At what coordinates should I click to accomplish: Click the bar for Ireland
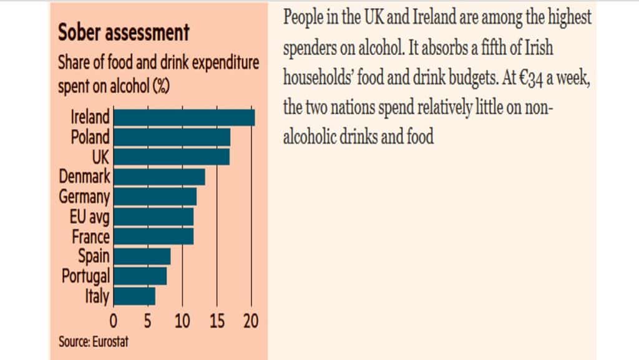click(x=184, y=117)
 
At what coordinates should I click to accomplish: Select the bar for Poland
click(x=172, y=137)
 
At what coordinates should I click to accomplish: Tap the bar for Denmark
click(x=159, y=177)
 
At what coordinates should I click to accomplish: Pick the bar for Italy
click(x=134, y=296)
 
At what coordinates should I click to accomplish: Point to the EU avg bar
click(x=154, y=216)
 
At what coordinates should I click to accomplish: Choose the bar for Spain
click(x=142, y=256)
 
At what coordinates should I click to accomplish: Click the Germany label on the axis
click(x=84, y=197)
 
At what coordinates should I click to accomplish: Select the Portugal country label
click(x=86, y=276)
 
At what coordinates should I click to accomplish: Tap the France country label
click(x=90, y=236)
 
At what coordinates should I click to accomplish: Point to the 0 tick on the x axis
click(x=114, y=322)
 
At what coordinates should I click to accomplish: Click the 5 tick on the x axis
click(x=148, y=322)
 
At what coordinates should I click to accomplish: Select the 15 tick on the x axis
click(x=217, y=322)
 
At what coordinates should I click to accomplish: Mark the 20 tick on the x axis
click(x=250, y=322)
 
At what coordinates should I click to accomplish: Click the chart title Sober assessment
click(x=124, y=32)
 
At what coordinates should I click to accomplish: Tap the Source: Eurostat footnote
click(x=94, y=342)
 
